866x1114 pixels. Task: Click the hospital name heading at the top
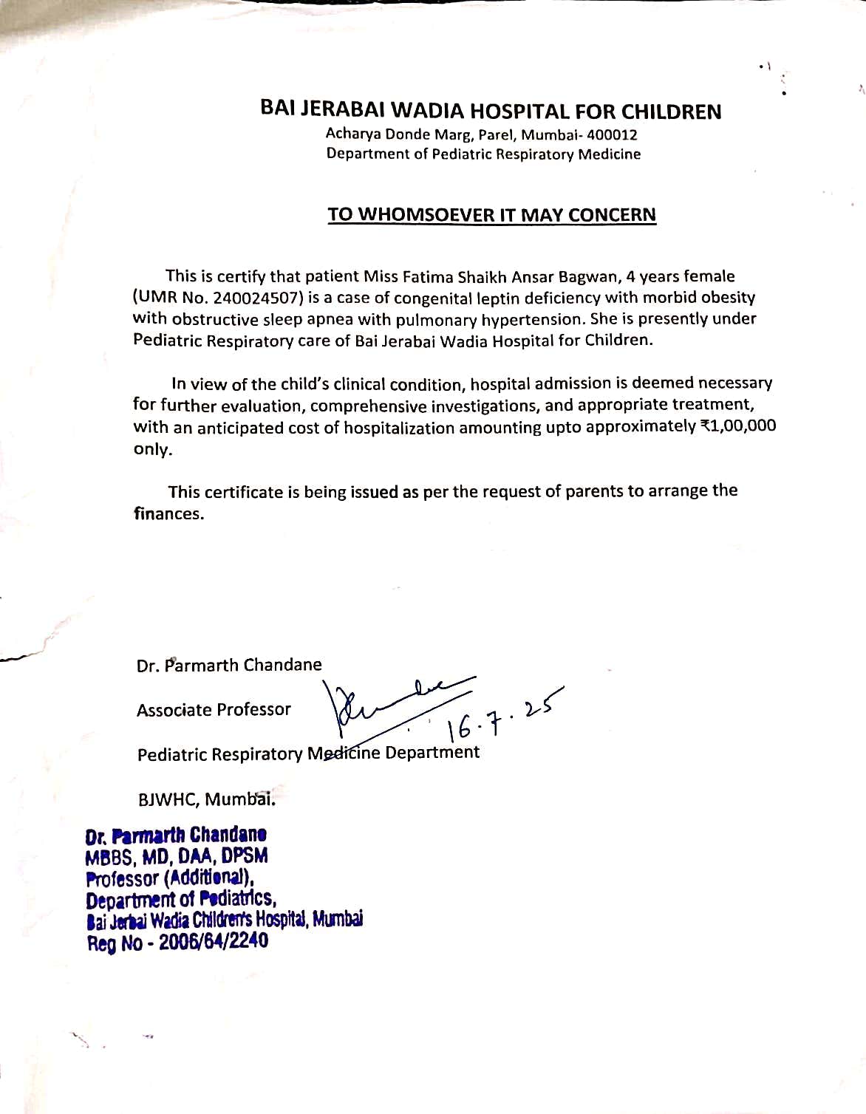[x=491, y=112]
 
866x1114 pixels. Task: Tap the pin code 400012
[x=612, y=135]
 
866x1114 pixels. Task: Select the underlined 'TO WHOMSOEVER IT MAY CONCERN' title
[x=491, y=215]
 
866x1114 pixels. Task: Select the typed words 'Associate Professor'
[x=214, y=710]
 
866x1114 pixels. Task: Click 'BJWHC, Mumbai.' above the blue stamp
[x=207, y=799]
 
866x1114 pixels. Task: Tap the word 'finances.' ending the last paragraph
[x=168, y=514]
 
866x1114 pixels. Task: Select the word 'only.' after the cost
[x=152, y=450]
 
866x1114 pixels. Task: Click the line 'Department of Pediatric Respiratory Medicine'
[x=483, y=154]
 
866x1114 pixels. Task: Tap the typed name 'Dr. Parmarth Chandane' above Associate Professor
[x=229, y=665]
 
